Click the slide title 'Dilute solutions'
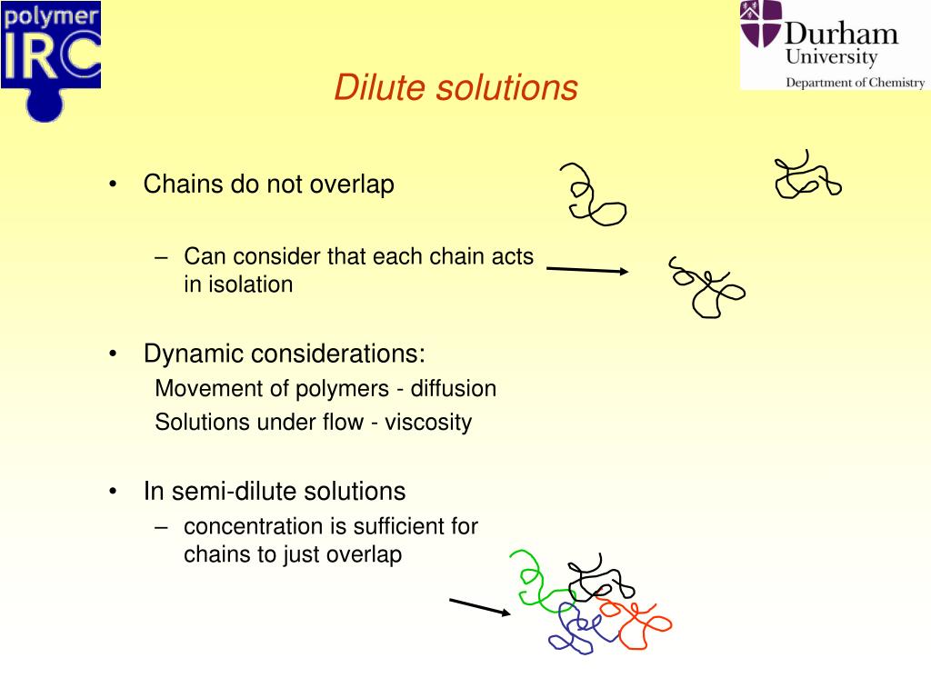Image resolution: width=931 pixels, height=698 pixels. point(455,88)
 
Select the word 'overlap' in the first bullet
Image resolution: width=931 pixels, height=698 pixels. point(352,184)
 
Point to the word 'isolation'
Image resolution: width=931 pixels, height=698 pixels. point(251,284)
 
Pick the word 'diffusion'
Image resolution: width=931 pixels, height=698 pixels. point(454,389)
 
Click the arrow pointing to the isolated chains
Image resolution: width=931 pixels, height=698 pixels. point(586,269)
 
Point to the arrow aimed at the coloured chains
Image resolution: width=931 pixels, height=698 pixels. point(480,607)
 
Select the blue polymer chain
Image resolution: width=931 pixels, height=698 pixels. point(574,627)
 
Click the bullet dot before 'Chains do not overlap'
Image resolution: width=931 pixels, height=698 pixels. point(112,185)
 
